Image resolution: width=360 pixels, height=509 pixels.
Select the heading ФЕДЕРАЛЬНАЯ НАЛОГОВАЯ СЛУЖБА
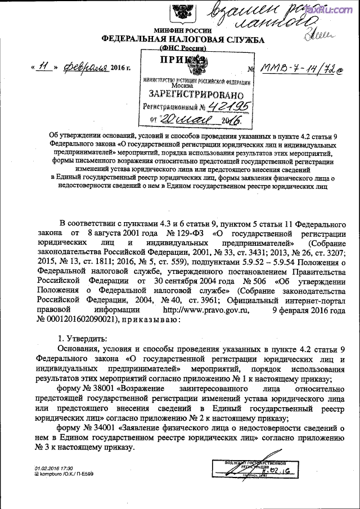pos(183,39)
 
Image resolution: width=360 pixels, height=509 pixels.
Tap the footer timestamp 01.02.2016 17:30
pos(54,467)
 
